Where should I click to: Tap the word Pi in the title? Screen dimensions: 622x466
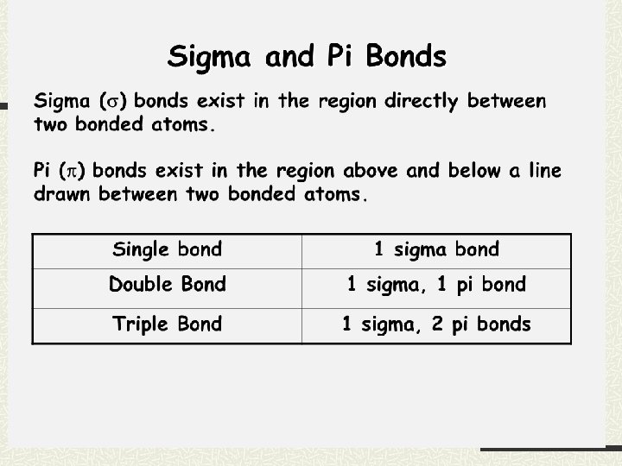(336, 57)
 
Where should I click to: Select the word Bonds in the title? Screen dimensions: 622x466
(406, 57)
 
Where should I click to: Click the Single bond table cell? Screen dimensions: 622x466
(167, 250)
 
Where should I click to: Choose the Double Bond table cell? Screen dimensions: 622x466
(167, 284)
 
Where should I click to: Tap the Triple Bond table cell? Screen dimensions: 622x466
(167, 324)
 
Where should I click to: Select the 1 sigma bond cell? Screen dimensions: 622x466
(436, 250)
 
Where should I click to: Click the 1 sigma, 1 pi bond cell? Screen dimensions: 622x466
(436, 284)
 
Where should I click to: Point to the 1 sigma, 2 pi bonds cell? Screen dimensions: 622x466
(436, 324)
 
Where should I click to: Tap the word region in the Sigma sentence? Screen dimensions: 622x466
(346, 102)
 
